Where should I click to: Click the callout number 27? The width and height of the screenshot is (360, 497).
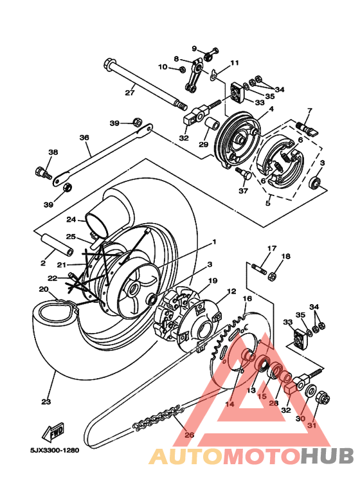130,93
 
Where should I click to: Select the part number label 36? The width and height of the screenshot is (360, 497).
84,138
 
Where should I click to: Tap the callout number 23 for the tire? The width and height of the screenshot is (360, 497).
46,402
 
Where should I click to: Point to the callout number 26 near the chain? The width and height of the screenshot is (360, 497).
188,435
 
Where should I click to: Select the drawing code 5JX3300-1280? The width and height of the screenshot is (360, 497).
53,450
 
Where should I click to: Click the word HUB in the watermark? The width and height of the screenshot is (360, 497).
328,456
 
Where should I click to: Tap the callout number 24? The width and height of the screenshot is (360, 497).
71,219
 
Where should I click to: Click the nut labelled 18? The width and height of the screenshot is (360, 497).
272,276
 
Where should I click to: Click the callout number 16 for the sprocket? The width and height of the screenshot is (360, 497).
247,299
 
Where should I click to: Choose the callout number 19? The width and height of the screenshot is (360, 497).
213,280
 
